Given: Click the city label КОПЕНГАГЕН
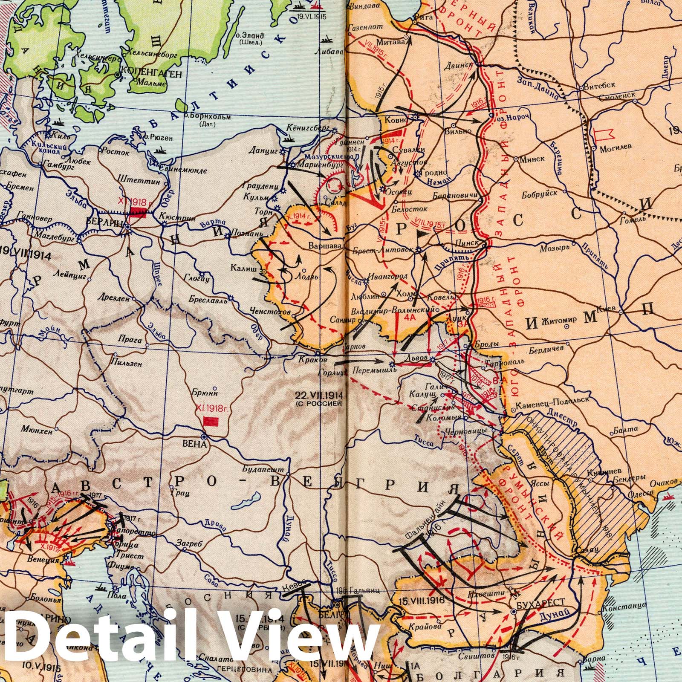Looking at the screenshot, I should point(152,74).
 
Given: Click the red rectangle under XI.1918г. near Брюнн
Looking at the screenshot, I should point(211,422).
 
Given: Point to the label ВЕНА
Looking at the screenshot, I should point(194,445).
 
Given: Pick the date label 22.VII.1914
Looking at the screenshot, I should point(319,394).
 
